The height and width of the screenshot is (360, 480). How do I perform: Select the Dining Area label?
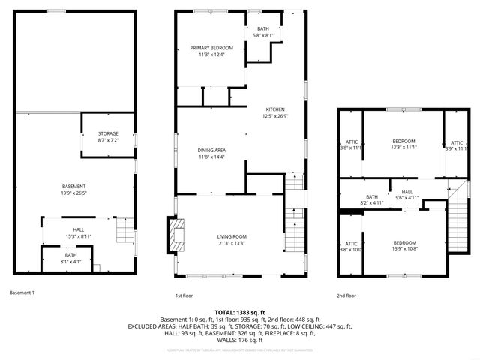pos(211,151)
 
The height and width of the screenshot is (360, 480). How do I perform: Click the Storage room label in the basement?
pos(108,134)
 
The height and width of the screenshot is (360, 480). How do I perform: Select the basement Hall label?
pos(78,229)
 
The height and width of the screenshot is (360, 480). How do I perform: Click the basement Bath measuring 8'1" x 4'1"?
pos(70,256)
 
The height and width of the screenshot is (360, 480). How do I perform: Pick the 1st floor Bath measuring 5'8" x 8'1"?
pos(263,28)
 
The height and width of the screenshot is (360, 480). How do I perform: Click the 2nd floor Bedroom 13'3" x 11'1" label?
pos(403,142)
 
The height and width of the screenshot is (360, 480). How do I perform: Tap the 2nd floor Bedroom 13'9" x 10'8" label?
pos(404,242)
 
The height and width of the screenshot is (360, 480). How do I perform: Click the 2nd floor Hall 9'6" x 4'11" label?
pos(407,192)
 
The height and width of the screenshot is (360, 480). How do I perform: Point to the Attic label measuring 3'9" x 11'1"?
pos(457,142)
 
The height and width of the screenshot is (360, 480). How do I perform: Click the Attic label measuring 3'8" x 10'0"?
pos(351,244)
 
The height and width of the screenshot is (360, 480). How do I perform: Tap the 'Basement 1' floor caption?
pos(22,292)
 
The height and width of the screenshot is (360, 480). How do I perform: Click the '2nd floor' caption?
pos(346,295)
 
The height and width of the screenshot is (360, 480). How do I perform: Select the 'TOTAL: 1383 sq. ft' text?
pos(239,310)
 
